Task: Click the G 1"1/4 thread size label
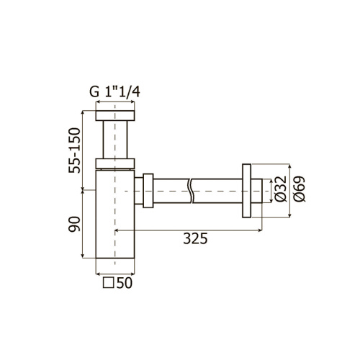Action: tap(114, 91)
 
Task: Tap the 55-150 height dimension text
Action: tap(73, 152)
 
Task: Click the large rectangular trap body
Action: tap(114, 216)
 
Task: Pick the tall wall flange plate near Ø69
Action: tap(247, 190)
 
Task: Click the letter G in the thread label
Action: tap(93, 91)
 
